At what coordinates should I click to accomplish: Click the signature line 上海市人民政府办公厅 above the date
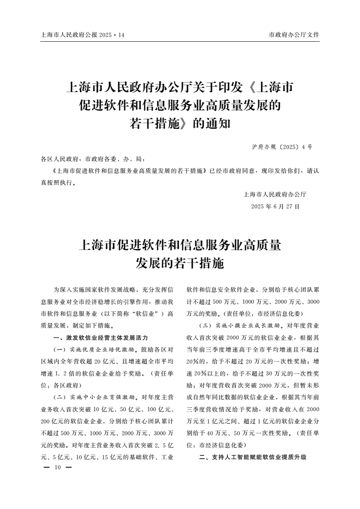coord(275,195)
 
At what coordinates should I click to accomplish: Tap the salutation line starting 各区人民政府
coord(93,159)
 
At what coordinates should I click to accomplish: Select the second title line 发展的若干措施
coord(180,263)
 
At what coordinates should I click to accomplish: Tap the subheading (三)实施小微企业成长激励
coord(234,327)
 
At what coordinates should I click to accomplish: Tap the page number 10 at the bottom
coord(57,467)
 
